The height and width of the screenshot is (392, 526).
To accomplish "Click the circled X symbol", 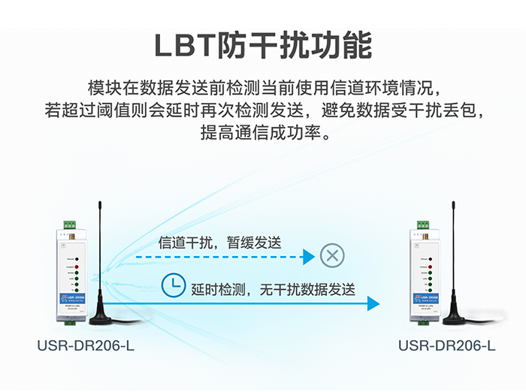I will pyautogui.click(x=331, y=255).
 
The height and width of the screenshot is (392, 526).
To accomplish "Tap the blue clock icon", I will pyautogui.click(x=174, y=285).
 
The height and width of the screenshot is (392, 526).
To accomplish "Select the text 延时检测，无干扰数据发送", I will pyautogui.click(x=273, y=289).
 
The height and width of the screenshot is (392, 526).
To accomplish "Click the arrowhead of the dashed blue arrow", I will pyautogui.click(x=308, y=257).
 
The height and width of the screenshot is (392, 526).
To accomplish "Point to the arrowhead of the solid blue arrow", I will pyautogui.click(x=373, y=303).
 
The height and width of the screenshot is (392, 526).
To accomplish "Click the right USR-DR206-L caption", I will pyautogui.click(x=446, y=346).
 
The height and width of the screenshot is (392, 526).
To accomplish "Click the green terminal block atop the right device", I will pyautogui.click(x=424, y=223).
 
